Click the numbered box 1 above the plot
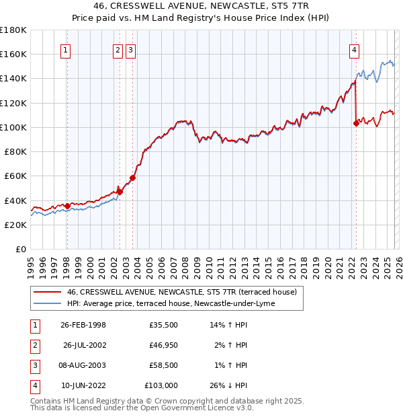click(x=66, y=49)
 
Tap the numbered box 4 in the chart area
click(x=354, y=49)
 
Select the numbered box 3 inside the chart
click(x=130, y=49)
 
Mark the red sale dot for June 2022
click(x=355, y=123)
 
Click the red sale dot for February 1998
click(x=67, y=205)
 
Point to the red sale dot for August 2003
click(x=132, y=178)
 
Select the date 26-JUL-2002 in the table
click(x=83, y=345)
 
